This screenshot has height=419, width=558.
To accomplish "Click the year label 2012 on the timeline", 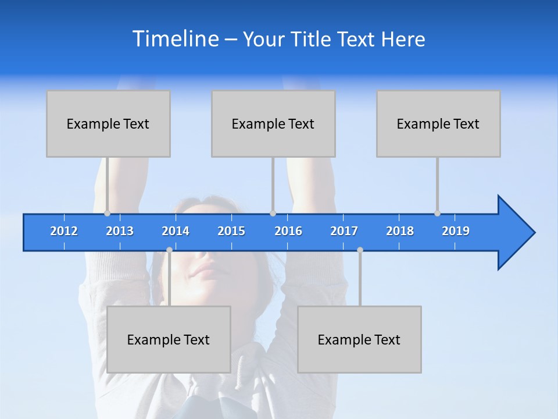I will (x=64, y=231).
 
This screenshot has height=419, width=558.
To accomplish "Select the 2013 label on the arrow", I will (x=120, y=231).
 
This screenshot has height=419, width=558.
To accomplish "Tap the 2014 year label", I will (x=176, y=231).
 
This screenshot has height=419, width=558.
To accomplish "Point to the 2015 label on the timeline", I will (x=231, y=231).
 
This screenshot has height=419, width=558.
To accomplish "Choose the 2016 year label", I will (x=288, y=231).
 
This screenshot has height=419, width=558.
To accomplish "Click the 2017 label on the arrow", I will (x=344, y=231).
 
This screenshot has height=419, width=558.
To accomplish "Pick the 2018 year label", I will (x=400, y=231).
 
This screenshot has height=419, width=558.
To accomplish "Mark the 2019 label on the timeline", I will (x=456, y=231).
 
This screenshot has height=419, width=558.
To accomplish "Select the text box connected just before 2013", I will (x=108, y=123).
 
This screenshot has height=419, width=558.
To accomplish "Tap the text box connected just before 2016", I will (x=273, y=123).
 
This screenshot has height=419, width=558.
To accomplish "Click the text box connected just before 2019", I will (x=438, y=123).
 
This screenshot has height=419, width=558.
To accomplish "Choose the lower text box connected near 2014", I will (x=169, y=339).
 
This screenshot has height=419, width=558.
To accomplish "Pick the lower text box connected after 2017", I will (x=359, y=339).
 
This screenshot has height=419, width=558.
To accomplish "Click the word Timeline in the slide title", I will (x=175, y=39).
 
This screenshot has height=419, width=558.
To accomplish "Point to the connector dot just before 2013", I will (x=107, y=214).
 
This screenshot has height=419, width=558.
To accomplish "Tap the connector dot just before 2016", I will (x=273, y=214).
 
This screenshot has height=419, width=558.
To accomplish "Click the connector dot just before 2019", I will (x=437, y=214).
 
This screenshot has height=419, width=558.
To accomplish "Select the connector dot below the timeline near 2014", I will (x=169, y=250).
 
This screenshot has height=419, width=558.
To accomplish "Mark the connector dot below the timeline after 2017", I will (x=360, y=250).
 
